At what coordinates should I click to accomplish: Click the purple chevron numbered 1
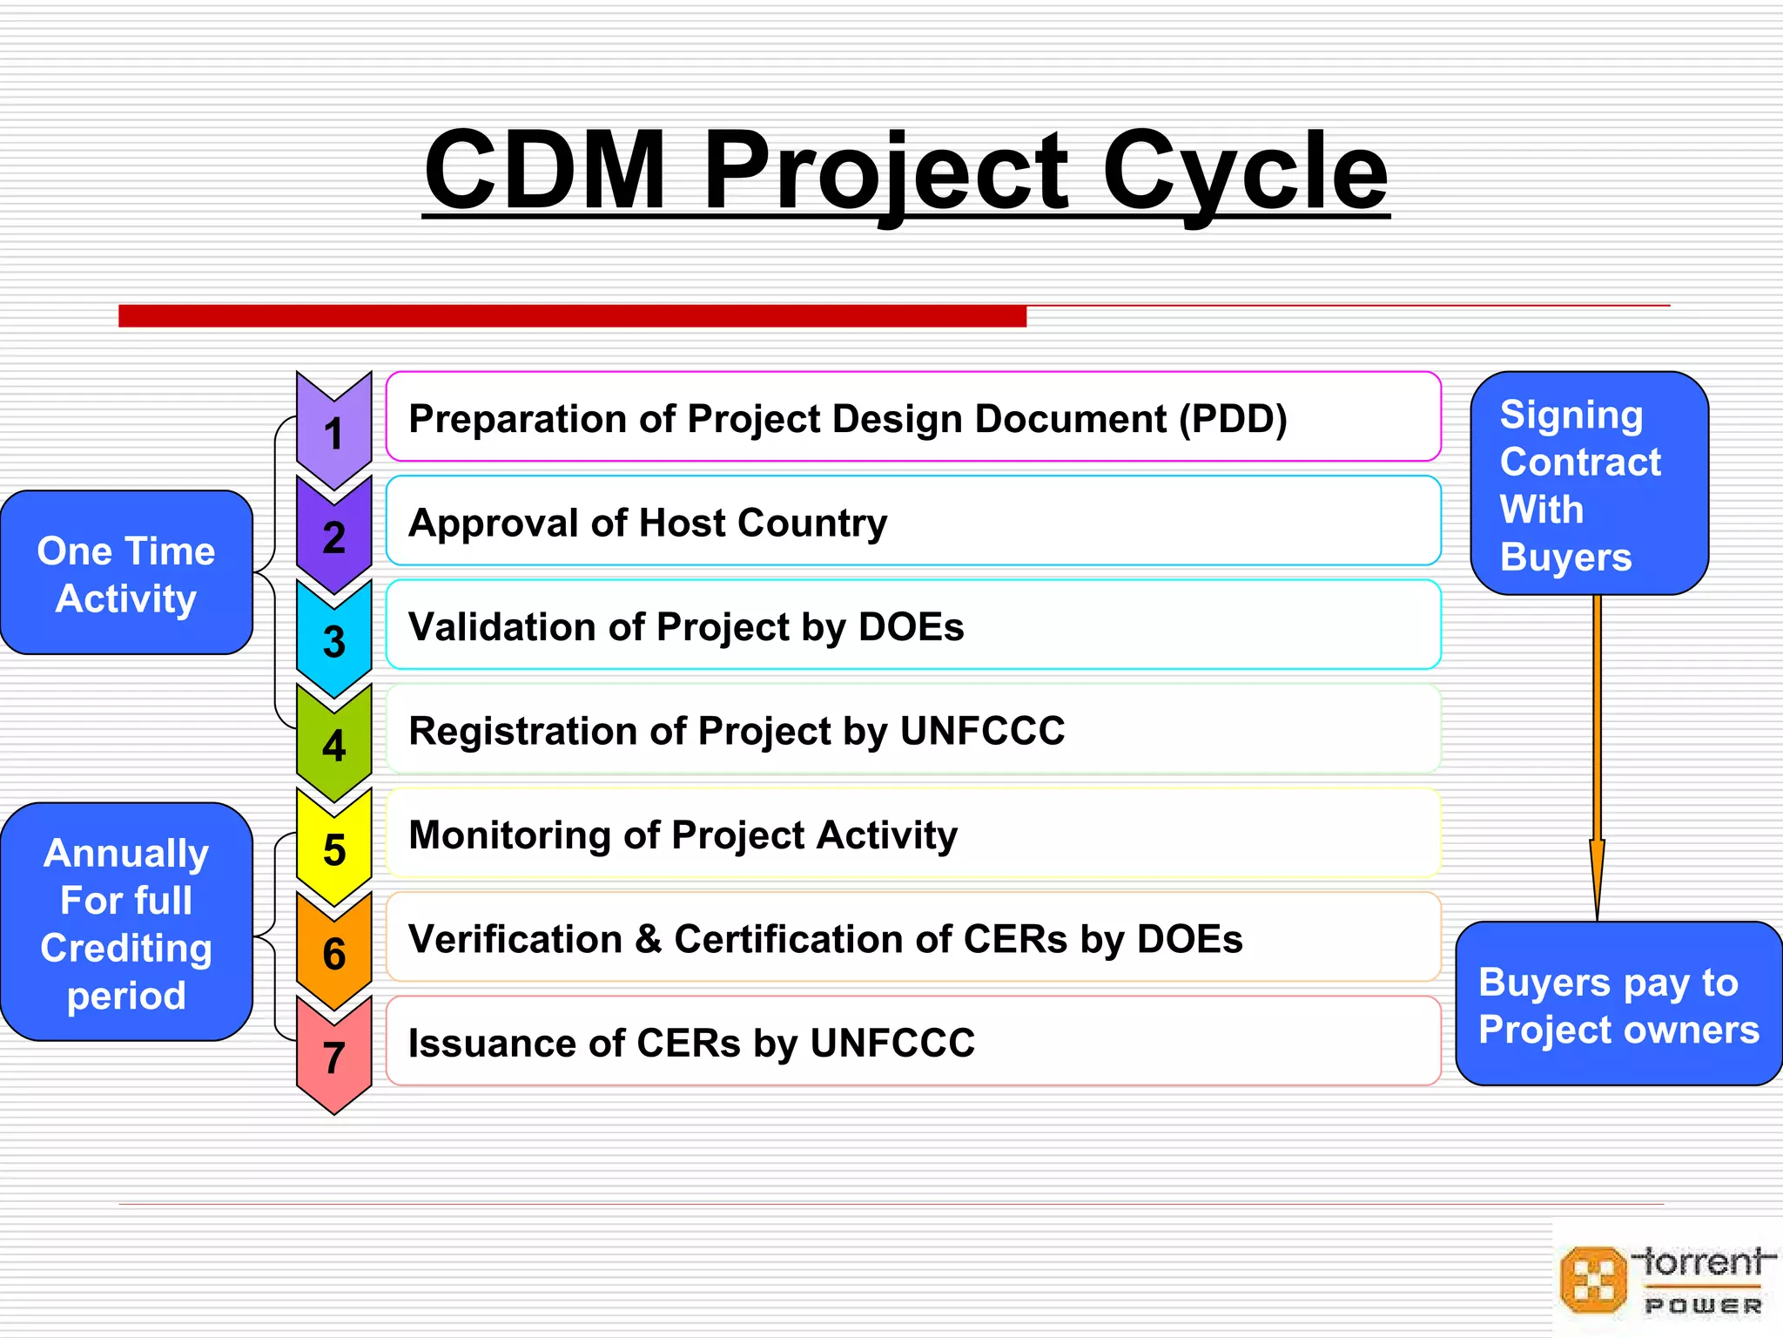point(333,433)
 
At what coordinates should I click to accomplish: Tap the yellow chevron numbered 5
point(333,849)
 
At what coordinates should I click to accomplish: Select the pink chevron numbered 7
point(333,1057)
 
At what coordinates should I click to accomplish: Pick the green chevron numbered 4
point(333,746)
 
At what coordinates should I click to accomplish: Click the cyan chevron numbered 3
point(333,641)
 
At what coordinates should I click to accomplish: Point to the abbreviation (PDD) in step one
point(1232,419)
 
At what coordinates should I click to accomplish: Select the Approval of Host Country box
point(912,522)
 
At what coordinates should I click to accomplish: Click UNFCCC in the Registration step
point(982,731)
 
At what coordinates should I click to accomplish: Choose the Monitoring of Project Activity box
point(912,835)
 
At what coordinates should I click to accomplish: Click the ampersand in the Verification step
point(648,939)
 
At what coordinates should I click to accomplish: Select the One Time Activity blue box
point(126,573)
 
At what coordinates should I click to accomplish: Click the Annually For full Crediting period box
point(126,922)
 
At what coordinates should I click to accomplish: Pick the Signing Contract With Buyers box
point(1589,484)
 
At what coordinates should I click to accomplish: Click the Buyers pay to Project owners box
point(1618,1004)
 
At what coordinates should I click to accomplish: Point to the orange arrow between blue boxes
point(1597,758)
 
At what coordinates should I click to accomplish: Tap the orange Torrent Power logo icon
point(1592,1280)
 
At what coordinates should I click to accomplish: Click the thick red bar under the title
point(572,316)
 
